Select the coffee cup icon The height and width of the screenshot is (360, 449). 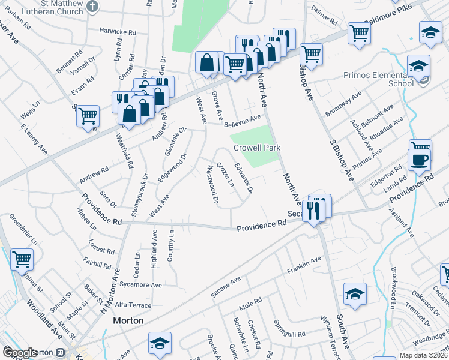[419, 160]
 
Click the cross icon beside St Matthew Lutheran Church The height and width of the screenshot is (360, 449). [92, 7]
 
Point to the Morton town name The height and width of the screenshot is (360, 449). [128, 321]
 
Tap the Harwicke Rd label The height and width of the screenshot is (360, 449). [118, 32]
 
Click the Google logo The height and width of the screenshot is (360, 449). [20, 353]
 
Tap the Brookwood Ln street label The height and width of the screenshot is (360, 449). [394, 289]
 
